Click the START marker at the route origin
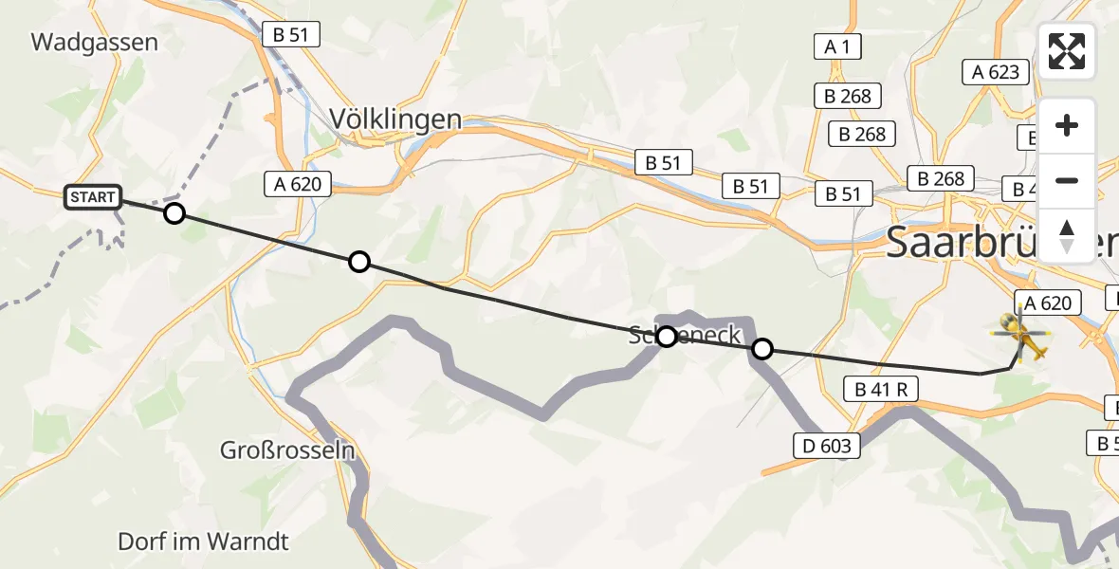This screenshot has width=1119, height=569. [93, 197]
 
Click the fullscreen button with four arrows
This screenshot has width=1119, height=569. [1067, 51]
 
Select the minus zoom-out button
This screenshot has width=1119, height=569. [1067, 180]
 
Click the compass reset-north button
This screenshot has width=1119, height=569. [1067, 234]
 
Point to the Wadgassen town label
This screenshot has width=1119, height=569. [94, 43]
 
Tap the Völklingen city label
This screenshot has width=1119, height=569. [395, 119]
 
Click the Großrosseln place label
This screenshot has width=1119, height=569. [286, 450]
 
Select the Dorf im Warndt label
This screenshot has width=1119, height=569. [203, 541]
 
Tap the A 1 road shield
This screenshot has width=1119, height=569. [836, 46]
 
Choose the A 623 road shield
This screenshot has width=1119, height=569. [996, 71]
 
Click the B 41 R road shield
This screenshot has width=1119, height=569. [881, 388]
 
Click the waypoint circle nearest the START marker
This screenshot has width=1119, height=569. [174, 213]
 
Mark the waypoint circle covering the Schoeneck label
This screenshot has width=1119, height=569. [667, 336]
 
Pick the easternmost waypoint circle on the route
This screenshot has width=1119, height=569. [761, 349]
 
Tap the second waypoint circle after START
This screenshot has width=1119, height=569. [358, 262]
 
